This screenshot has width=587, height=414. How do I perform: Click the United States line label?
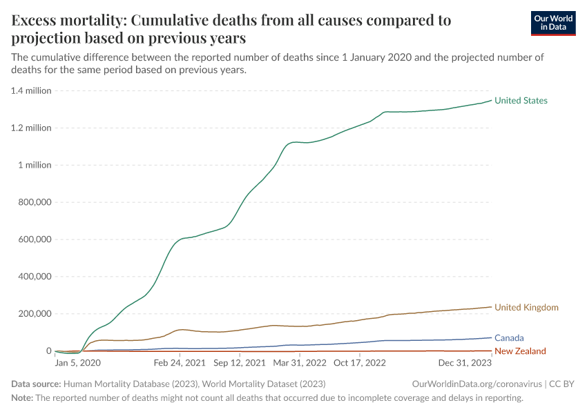coord(521,101)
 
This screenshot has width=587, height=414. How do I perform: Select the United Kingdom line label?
coord(526,308)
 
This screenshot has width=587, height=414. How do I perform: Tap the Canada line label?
coord(509,338)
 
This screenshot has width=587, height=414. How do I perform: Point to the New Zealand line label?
coord(521,351)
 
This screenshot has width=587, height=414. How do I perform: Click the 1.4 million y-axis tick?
coord(32,91)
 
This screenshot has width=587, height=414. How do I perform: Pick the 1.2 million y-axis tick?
coord(32,128)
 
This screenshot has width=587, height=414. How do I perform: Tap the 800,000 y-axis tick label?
coord(32,203)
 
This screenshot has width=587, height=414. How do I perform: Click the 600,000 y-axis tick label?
coord(32,240)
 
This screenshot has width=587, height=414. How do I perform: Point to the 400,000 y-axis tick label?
coord(32,277)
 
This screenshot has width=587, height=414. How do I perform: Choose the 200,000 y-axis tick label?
coord(32,314)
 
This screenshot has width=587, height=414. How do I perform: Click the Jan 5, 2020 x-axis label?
coord(78,362)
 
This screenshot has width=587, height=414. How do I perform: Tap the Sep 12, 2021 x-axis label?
coord(240,362)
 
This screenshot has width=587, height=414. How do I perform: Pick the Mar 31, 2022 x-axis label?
coord(300,362)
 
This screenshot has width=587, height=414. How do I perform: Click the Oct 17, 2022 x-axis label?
coord(359,362)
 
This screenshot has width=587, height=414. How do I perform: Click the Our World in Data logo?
coord(552,23)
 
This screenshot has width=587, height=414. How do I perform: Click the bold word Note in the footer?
coord(22,398)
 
